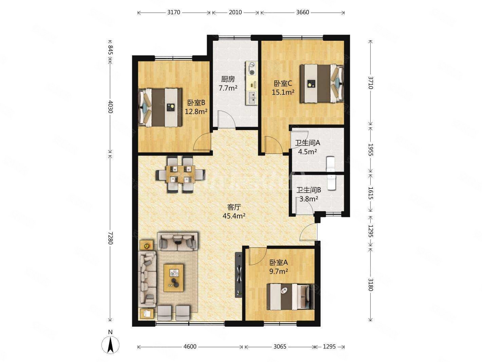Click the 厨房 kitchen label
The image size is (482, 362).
(228, 79)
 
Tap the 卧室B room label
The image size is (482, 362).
(196, 103)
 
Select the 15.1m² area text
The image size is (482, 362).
(283, 92)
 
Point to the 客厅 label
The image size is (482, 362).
(234, 207)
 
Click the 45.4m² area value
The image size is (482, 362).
(234, 216)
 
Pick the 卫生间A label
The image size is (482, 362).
(307, 143)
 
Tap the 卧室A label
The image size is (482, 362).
(278, 263)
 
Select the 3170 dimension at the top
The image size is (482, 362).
(173, 12)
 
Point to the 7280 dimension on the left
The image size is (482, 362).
(110, 238)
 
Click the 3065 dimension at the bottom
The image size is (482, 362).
(280, 347)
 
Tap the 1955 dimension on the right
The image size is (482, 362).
(371, 150)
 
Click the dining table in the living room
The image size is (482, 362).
(181, 175)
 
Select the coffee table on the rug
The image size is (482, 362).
(173, 278)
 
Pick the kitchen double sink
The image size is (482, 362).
(252, 98)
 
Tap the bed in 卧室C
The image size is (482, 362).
(322, 83)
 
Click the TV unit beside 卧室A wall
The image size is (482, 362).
(239, 275)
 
